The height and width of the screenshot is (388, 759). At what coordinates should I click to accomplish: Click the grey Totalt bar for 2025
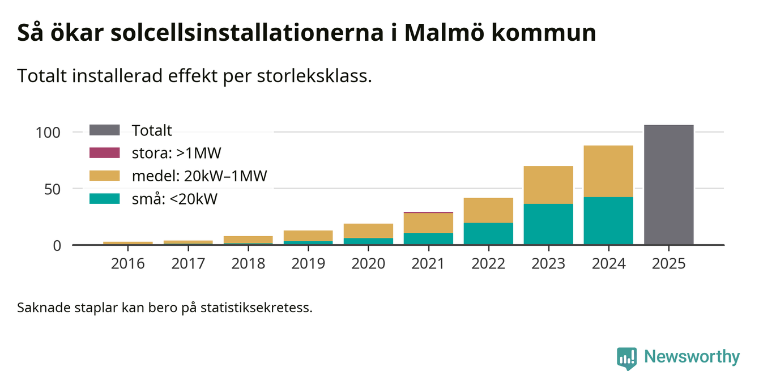pos(668,185)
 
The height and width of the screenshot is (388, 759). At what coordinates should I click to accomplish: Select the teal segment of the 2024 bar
pos(608,221)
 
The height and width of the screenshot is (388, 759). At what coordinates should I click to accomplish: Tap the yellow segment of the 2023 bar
pos(548,185)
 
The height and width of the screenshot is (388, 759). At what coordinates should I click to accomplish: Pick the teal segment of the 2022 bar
pos(488,233)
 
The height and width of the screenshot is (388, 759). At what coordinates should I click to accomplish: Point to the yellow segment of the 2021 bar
pos(428,223)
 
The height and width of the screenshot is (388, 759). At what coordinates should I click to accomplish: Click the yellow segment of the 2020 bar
pos(368,231)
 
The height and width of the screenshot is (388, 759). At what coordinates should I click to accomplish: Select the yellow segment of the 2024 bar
pos(608,171)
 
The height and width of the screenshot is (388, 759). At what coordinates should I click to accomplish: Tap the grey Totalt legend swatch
pos(105,130)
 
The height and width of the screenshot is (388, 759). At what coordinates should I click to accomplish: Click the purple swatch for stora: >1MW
pos(105,152)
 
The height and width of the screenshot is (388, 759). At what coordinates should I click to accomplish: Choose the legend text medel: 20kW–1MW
pos(199,176)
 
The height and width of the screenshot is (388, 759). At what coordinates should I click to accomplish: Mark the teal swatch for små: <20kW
pos(105,199)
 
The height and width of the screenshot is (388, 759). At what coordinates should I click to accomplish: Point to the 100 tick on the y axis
pos(48,133)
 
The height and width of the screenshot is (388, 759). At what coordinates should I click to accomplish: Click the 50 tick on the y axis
pos(52,189)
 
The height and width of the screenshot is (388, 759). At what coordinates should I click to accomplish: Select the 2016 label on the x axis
pos(128,264)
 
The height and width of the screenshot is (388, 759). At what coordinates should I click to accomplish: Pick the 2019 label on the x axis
pos(308,264)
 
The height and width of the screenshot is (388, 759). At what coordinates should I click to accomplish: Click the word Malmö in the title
pos(445,33)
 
